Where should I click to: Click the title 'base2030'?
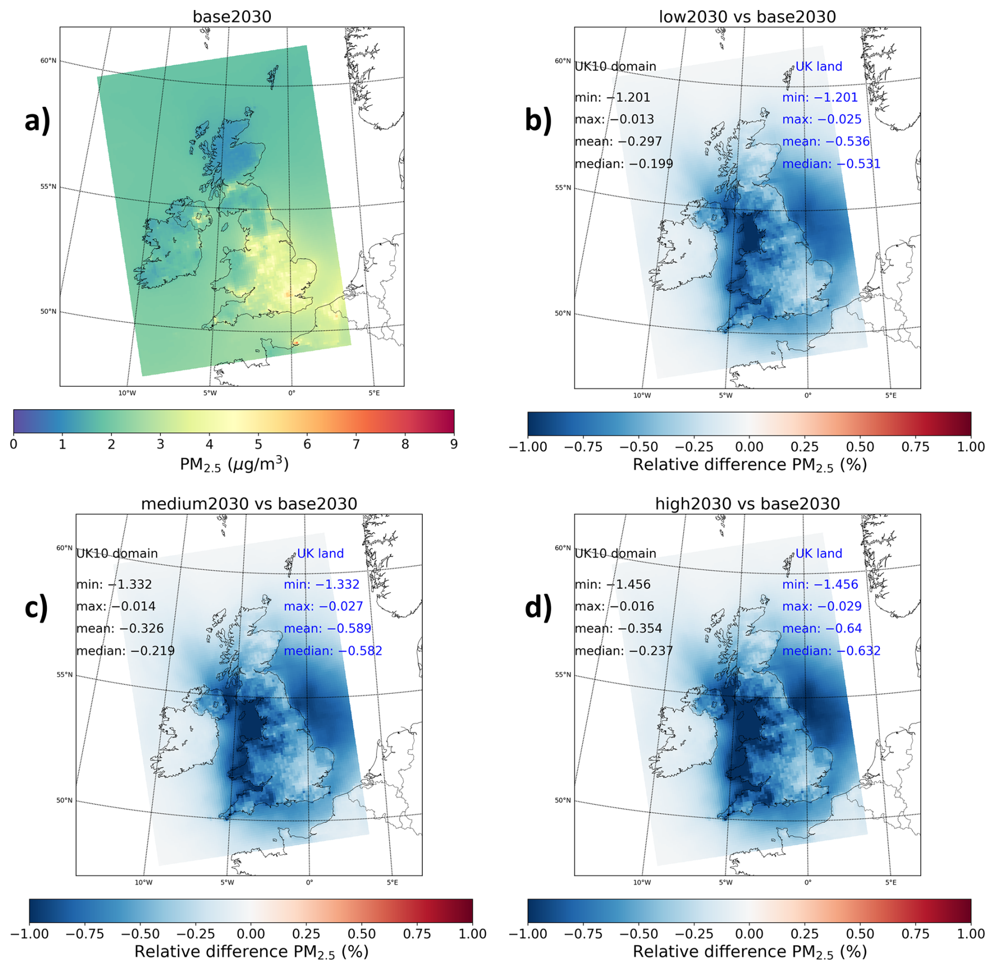(232, 17)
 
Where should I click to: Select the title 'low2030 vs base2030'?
(747, 17)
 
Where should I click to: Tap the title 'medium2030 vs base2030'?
(249, 504)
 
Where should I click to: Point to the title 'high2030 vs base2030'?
(747, 504)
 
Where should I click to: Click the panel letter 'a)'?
(37, 120)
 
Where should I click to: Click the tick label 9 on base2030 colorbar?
(454, 444)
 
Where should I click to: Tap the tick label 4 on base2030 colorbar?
(209, 444)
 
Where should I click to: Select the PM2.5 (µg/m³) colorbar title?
(234, 464)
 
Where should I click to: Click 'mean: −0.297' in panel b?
(618, 142)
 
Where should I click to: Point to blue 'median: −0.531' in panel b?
(831, 164)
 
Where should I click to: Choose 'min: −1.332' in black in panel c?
(114, 584)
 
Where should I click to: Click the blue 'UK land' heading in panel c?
(320, 553)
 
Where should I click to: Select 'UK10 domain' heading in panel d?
(615, 553)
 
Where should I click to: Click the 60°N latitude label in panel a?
(48, 60)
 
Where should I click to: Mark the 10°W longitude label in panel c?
(144, 882)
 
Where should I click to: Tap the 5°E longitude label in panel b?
(891, 396)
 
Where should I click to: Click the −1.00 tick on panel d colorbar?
(528, 934)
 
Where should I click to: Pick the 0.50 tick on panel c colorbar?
(362, 934)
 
